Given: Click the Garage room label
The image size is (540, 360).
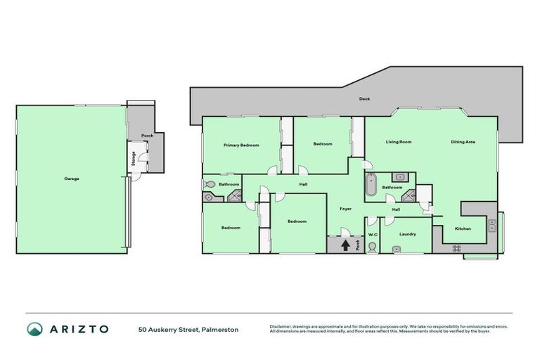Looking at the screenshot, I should tap(72, 179).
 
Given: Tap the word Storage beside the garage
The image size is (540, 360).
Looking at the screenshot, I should tap(133, 159).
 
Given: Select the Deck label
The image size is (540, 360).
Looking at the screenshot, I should tap(364, 99).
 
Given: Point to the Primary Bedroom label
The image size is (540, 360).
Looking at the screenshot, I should tap(241, 146).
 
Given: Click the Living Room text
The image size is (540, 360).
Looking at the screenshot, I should tap(399, 142).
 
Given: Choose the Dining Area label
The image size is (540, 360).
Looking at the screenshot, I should tap(463, 142).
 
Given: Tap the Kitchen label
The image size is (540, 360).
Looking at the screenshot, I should tap(463, 229).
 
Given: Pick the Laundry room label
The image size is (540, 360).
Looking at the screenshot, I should tap(407, 234).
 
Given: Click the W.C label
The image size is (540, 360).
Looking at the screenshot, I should tap(373, 234).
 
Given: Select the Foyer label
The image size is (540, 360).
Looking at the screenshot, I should tap(346, 209).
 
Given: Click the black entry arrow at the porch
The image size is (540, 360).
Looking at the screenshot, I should tap(345, 245).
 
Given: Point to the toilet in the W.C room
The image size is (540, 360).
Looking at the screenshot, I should tap(372, 246).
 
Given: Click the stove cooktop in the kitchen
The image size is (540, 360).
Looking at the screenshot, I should tap(456, 247).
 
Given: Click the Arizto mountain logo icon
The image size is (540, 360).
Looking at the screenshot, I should tap(34, 329).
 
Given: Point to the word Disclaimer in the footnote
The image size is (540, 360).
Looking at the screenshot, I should tap(281, 327).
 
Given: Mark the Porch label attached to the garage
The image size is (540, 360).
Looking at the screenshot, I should tap(147, 136).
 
